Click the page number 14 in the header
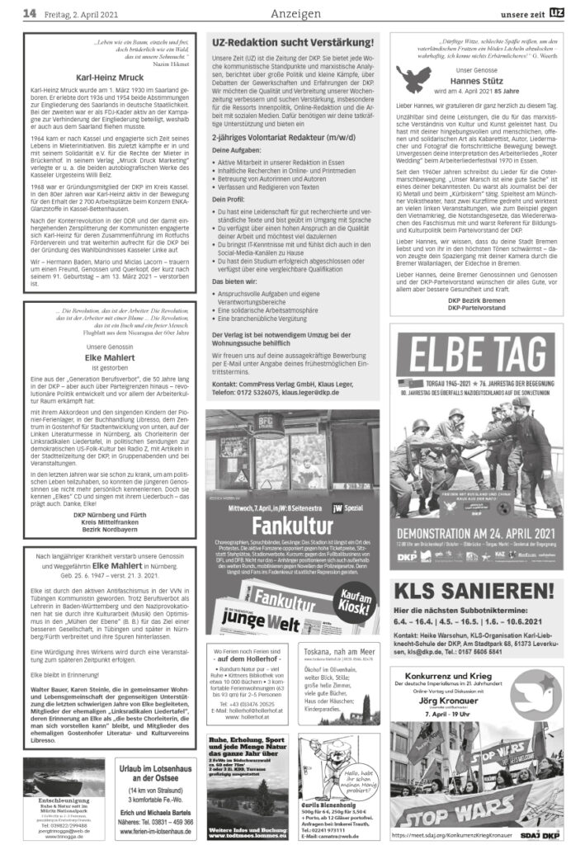click(28, 12)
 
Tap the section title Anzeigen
click(293, 13)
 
